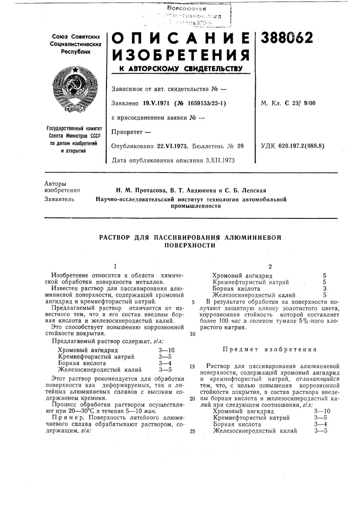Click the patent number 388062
point(287,38)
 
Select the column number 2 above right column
point(269,266)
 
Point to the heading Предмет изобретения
point(269,349)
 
